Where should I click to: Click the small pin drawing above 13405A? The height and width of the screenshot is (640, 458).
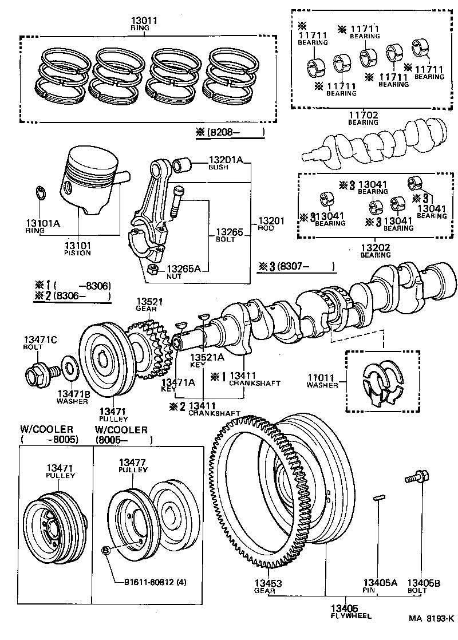[x=378, y=498]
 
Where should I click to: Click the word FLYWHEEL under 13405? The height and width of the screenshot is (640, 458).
[x=350, y=616]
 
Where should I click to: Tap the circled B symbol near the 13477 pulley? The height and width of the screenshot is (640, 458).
[x=106, y=550]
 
